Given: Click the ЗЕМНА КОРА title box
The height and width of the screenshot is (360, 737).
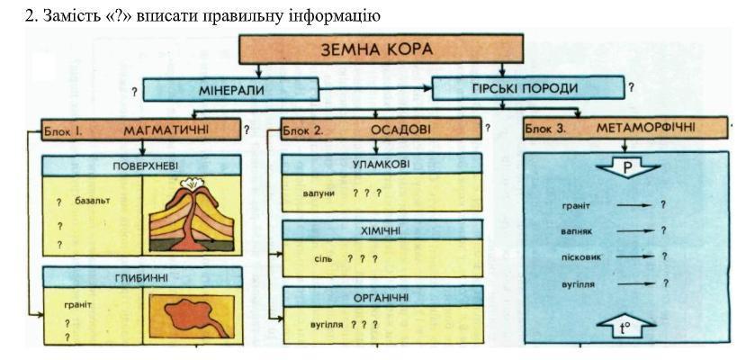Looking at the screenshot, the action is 381,49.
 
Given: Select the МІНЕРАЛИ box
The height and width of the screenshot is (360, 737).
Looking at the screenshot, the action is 230,89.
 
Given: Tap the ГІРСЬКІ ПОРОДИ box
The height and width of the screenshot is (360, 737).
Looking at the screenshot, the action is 528,88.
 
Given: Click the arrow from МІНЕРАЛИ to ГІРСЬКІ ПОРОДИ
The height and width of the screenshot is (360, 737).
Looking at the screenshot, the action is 375,88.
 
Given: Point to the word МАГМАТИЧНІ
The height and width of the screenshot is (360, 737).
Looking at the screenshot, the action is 166,130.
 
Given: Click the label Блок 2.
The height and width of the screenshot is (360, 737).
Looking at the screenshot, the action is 301,131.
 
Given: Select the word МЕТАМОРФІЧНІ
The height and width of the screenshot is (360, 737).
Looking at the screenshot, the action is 645,128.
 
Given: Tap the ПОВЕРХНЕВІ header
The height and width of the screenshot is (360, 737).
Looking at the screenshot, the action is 141,166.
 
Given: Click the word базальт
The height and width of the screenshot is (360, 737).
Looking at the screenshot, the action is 92,201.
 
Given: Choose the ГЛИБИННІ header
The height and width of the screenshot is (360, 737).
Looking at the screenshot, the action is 142,277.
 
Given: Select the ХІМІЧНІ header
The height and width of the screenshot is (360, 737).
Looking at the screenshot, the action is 382,230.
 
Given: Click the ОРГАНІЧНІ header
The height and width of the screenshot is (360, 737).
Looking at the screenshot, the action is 382,297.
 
